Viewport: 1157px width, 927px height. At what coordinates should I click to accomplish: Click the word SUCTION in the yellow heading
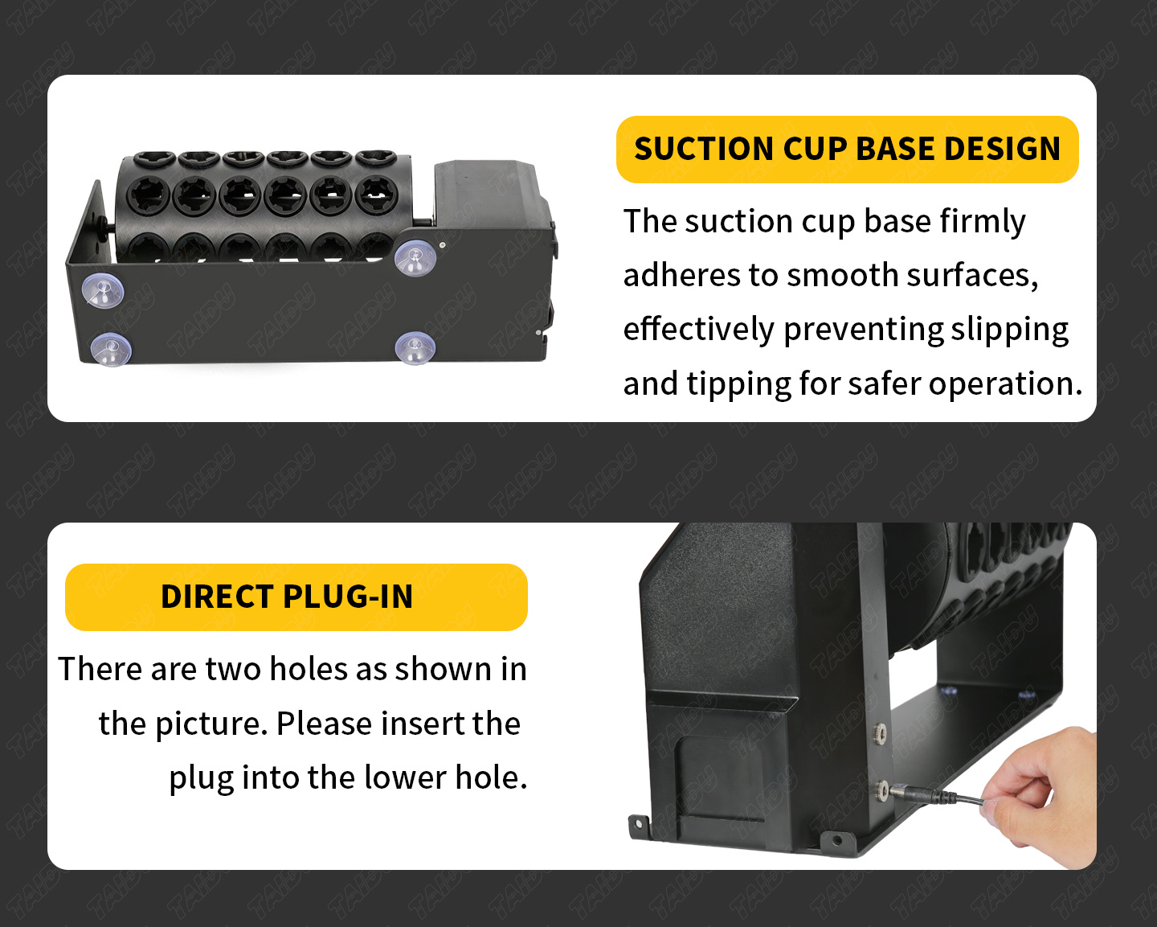tap(704, 149)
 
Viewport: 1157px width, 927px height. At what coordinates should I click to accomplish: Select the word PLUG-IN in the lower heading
tap(348, 597)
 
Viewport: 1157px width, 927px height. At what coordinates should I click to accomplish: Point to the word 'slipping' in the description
tap(1009, 330)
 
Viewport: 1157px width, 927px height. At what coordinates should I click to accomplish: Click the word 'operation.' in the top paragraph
tap(1005, 384)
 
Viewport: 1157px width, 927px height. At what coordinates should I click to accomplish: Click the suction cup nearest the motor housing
tap(415, 257)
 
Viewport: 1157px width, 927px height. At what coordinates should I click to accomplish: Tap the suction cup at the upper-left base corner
tap(103, 290)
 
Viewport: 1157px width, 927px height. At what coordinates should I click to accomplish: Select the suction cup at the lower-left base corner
tap(111, 350)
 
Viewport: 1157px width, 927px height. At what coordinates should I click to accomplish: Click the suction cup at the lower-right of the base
tap(415, 348)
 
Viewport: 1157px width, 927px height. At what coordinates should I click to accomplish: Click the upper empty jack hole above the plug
tap(880, 732)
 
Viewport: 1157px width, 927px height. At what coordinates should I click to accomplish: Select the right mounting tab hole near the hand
tap(837, 839)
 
